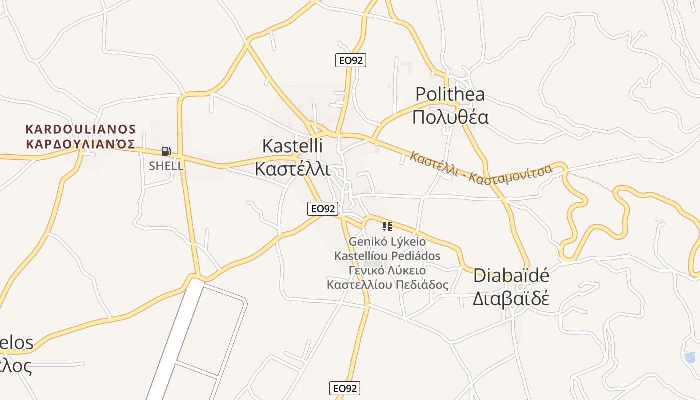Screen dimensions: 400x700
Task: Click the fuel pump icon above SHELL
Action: [x=166, y=151]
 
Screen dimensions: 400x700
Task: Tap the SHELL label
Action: [x=166, y=166]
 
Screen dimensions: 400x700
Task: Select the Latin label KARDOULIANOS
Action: [x=80, y=129]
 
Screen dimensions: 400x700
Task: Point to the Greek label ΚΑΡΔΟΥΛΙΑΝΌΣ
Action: [x=80, y=144]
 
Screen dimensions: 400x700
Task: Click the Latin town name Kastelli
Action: [x=292, y=146]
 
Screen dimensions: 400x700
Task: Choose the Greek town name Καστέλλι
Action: [x=292, y=168]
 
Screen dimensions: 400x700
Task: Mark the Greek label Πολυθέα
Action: [x=450, y=117]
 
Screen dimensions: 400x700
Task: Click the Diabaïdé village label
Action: [x=511, y=275]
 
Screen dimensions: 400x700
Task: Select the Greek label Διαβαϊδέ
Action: [x=511, y=298]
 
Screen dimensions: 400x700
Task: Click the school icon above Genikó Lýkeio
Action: [x=387, y=227]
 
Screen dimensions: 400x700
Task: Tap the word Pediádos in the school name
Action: [x=415, y=256]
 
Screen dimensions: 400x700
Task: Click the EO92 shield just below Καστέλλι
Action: [x=323, y=209]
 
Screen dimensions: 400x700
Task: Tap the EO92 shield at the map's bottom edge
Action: [x=345, y=388]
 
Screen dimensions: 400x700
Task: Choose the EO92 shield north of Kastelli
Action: [x=350, y=60]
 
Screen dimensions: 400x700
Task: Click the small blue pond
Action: [x=690, y=357]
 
